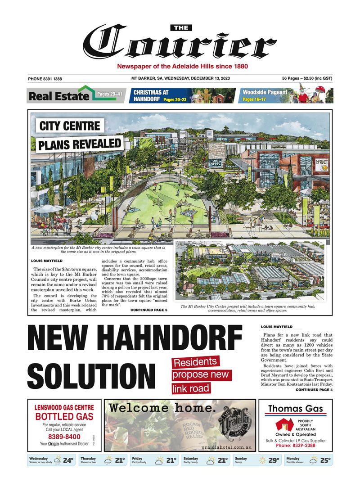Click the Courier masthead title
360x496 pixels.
tap(180, 44)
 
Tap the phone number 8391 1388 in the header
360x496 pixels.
tap(45, 79)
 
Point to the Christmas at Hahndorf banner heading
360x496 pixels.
tap(151, 95)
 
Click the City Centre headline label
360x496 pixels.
tap(70, 125)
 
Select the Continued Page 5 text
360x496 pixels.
tap(148, 310)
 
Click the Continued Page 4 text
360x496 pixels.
tap(314, 390)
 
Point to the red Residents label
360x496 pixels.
tap(195, 362)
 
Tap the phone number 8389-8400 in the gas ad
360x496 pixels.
tap(64, 437)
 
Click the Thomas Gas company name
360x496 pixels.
tap(295, 409)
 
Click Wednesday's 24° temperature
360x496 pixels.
tap(68, 460)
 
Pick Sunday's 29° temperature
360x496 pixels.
tap(274, 460)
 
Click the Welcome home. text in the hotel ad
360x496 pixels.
tap(162, 408)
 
